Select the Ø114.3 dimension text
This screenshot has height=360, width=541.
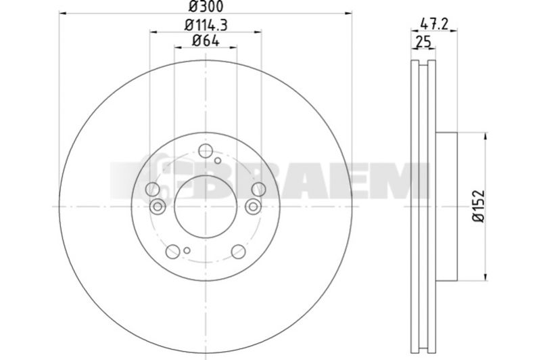[206, 25]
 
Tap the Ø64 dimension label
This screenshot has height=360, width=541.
[206, 41]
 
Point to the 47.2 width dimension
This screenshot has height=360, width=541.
[434, 24]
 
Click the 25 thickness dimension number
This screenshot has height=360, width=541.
[424, 42]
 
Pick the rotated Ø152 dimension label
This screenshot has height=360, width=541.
[479, 206]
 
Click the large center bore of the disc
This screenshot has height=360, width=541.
[206, 206]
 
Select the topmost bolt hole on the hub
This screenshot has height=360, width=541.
[206, 150]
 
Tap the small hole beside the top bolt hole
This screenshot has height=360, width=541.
[218, 160]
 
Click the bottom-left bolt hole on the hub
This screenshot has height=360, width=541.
[172, 251]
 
